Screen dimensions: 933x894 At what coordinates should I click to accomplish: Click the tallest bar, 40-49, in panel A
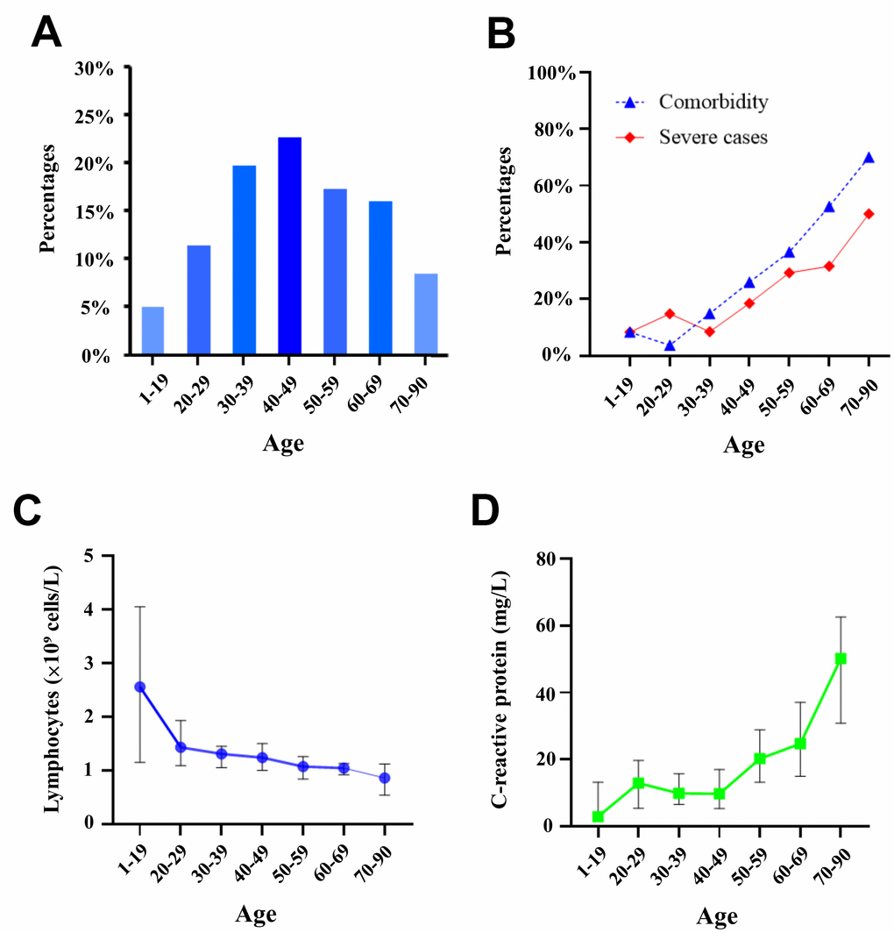tap(288, 246)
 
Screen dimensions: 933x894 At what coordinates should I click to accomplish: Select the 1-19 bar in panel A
tap(153, 331)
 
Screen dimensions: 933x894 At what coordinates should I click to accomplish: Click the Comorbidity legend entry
tap(713, 103)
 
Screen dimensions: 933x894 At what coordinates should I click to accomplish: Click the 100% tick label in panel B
tap(550, 73)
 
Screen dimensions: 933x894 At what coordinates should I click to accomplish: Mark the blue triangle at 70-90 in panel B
tap(869, 158)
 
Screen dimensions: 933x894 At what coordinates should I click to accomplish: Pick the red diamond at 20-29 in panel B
tap(670, 313)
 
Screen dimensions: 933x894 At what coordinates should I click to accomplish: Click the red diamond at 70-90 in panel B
tap(869, 213)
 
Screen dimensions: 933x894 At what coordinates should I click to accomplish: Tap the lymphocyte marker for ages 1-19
tap(139, 687)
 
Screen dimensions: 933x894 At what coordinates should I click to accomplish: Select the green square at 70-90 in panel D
tap(841, 659)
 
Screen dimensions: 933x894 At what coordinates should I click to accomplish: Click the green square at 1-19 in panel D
tap(598, 816)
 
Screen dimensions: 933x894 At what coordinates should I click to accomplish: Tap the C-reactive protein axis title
tap(501, 690)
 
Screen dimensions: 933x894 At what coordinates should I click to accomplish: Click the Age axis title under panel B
tap(743, 445)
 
